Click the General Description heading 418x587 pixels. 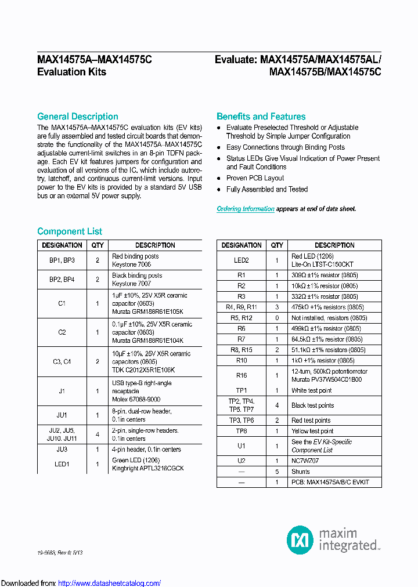coord(77,117)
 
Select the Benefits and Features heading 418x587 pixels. coord(261,117)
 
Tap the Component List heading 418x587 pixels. coord(70,231)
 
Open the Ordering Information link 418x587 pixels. coord(246,209)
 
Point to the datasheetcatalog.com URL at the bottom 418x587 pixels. coord(110,583)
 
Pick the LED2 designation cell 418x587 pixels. coord(242,260)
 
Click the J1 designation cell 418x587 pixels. coord(62,392)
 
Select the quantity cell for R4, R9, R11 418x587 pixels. coord(277,307)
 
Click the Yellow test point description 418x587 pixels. coord(312,431)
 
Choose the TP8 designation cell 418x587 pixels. coord(242,431)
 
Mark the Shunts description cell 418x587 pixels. coord(301,472)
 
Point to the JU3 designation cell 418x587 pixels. coord(62,450)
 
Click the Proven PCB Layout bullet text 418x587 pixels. coord(255,178)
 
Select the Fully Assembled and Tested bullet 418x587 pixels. coord(267,190)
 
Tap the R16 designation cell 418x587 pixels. coord(242,375)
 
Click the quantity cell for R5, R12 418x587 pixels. coord(277,318)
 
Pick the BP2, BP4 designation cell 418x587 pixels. coord(62,280)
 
